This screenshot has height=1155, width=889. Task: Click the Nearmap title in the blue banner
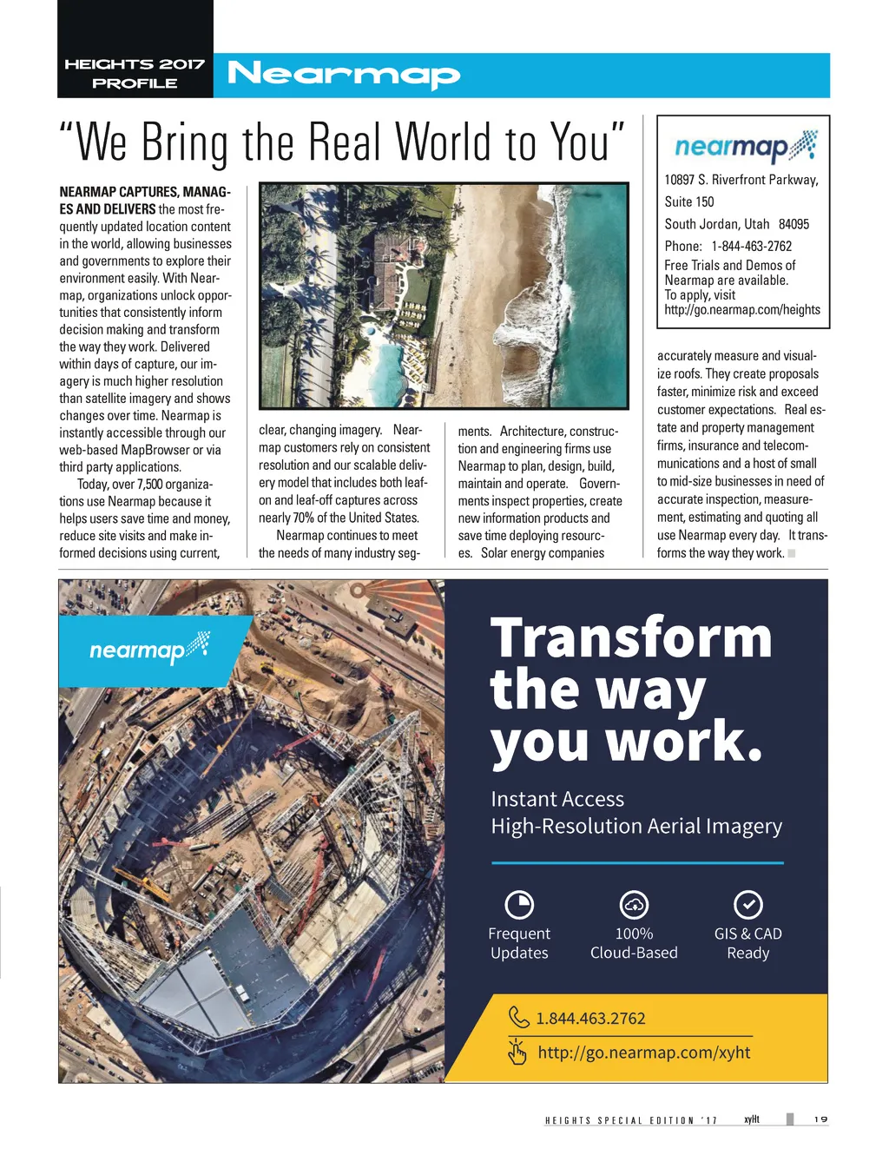click(x=343, y=76)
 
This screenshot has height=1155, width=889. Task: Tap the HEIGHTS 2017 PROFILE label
click(x=135, y=74)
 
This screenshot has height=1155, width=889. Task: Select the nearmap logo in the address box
click(x=745, y=148)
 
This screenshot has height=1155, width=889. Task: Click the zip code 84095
click(x=794, y=224)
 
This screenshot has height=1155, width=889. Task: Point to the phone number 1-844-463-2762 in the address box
click(x=751, y=246)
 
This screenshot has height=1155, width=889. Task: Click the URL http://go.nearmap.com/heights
click(x=741, y=309)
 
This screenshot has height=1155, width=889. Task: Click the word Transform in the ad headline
click(x=631, y=637)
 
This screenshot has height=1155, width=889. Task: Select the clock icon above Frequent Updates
click(x=519, y=905)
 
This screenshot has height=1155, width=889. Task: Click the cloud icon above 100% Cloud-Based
click(x=634, y=905)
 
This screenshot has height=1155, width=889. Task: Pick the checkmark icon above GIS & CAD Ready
click(x=747, y=905)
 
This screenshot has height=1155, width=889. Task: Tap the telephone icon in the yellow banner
click(x=518, y=1017)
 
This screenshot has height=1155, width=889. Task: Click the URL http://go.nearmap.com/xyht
click(x=643, y=1053)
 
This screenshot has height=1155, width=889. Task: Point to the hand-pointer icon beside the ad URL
click(x=517, y=1053)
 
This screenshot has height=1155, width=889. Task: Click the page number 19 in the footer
click(x=820, y=1119)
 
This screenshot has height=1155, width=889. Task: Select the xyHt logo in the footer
click(x=752, y=1119)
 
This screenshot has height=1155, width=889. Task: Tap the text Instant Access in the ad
click(x=557, y=799)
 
